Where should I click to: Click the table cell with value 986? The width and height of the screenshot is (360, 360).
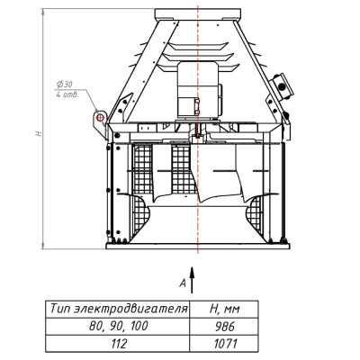224,327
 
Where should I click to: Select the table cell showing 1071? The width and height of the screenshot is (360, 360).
224,344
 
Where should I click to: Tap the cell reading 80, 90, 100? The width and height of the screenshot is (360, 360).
118,327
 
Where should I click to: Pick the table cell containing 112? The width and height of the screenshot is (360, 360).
118,344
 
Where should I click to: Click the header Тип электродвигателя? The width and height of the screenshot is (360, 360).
118,310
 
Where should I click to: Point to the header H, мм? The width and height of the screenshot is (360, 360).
224,310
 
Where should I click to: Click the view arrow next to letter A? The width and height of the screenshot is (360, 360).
192,279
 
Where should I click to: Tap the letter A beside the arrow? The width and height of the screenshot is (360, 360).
183,283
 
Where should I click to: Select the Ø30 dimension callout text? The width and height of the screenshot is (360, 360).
65,85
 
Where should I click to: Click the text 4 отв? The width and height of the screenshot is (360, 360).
67,95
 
